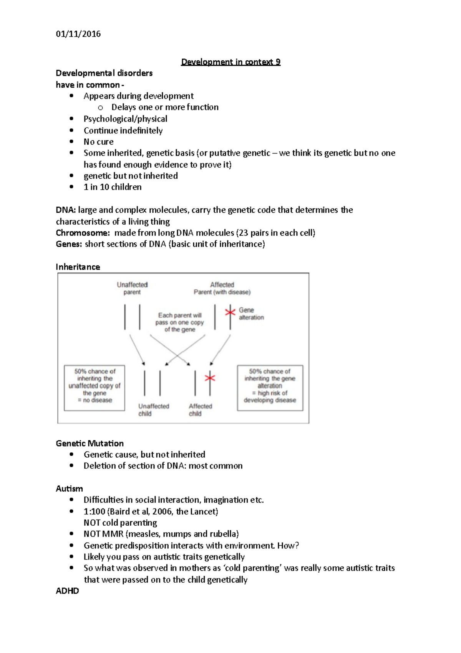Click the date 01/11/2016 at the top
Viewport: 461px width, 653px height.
pos(78,34)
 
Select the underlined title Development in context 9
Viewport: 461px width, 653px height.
pos(230,62)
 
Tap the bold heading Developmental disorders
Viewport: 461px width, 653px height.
pos(104,73)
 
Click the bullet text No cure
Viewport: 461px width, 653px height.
pos(98,142)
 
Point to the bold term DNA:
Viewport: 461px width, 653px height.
pos(66,210)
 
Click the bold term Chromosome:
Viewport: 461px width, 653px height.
pos(83,233)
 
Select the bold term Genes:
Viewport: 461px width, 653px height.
pos(69,244)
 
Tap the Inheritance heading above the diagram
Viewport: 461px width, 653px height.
pos(78,267)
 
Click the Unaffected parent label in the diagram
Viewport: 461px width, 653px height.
pos(132,288)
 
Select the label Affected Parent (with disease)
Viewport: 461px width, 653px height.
pos(222,288)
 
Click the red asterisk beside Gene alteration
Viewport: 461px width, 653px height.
pos(230,312)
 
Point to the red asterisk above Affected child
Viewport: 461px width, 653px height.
pos(210,378)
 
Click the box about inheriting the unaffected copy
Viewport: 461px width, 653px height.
pos(95,388)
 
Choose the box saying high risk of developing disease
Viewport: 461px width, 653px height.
pos(270,388)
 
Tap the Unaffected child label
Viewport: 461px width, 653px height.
pos(153,410)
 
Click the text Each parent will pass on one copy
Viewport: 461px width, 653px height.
pos(179,322)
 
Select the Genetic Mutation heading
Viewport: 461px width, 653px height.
pos(90,443)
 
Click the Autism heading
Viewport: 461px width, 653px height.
pos(69,489)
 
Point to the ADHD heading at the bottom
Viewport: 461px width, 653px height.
pos(67,591)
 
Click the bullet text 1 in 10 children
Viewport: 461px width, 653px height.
pos(113,187)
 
